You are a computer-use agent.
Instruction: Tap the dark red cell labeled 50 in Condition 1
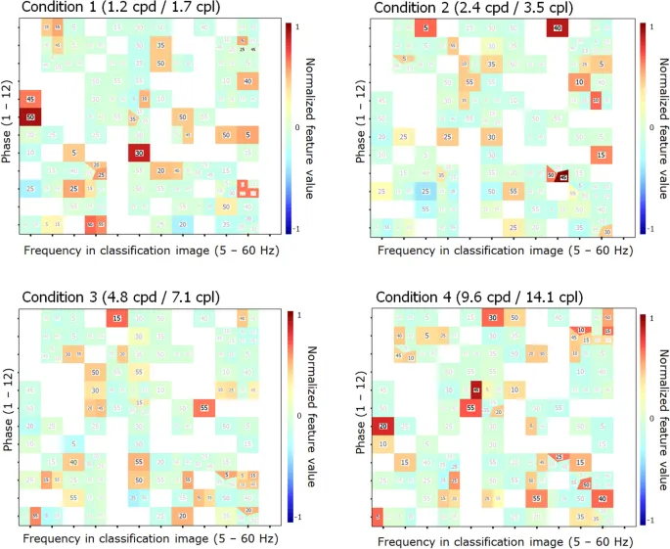pos(31,117)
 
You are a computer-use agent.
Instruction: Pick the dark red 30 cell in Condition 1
pos(139,153)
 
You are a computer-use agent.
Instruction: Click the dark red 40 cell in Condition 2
pos(557,28)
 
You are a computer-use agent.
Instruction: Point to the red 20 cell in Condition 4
pos(383,425)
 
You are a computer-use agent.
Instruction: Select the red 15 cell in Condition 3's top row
pos(117,318)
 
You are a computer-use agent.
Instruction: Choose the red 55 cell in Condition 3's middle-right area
pos(203,407)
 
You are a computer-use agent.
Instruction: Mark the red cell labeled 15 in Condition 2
pos(601,155)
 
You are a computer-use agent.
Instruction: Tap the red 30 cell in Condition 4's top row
pos(492,318)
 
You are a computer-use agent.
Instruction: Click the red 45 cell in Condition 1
pos(31,99)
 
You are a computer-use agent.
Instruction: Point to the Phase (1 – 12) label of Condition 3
pos(9,417)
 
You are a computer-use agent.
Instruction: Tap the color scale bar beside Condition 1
pos(289,127)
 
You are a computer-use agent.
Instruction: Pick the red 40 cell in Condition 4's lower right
pos(603,497)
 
